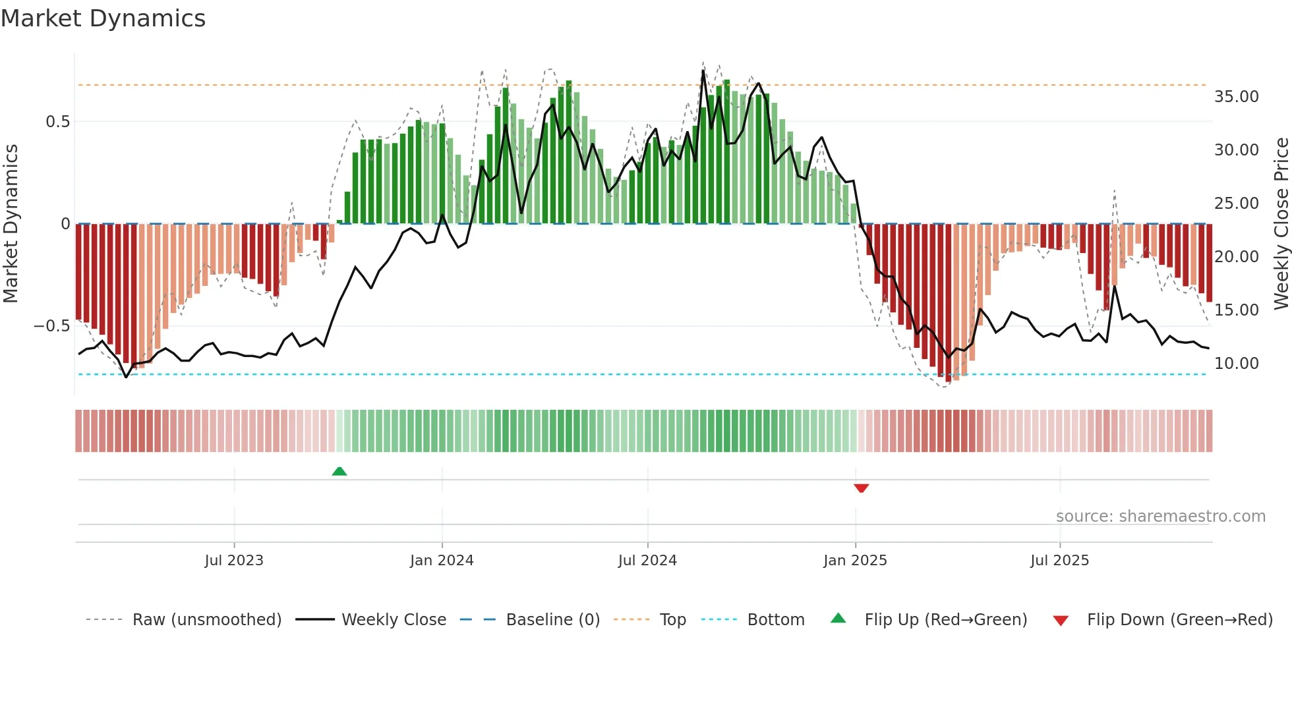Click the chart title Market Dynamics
pos(103,18)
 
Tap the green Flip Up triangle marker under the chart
pos(339,471)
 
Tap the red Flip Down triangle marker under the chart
pos(861,488)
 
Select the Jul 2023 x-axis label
pos(234,561)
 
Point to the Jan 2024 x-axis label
pos(442,561)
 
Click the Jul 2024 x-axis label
pos(647,561)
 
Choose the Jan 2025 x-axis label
pos(855,561)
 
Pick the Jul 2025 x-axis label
pos(1059,561)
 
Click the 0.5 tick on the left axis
pos(57,122)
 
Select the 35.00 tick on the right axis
pos(1236,97)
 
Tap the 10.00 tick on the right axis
pos(1236,364)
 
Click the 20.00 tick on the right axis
pos(1236,257)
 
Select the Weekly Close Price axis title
pos(1281,223)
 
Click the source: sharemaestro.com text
pos(1160,517)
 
